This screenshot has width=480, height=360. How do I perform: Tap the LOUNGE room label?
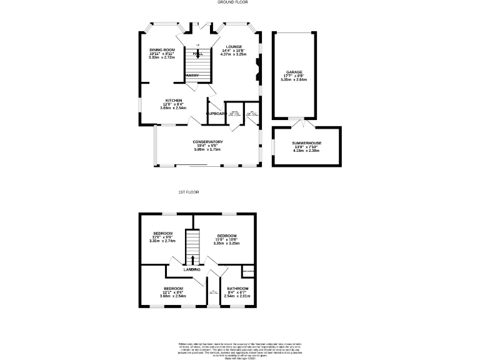point(233,46)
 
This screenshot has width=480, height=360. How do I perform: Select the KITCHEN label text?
point(173,100)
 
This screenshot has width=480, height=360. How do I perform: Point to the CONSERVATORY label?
point(207,142)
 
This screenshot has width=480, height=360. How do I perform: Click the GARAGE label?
point(294,72)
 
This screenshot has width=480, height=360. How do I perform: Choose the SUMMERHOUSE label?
point(306,144)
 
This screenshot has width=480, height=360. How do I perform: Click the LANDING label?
point(192,269)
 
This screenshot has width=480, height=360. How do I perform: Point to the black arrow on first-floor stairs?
point(192,259)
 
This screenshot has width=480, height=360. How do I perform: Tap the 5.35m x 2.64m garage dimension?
point(294,79)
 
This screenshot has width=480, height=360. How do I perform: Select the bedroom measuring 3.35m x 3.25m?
point(226,239)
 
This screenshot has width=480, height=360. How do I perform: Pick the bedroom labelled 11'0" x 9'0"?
point(163,236)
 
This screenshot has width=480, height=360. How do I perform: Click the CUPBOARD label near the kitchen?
point(216,114)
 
